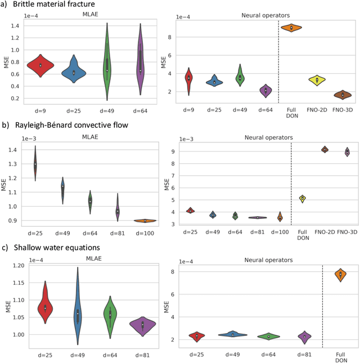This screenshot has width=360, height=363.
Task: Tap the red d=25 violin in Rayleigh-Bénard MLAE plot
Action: pos(35,163)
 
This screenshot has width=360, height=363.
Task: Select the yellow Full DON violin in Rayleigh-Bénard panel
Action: pos(302,198)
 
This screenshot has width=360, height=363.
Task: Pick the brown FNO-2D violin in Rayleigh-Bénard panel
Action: pos(325,149)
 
